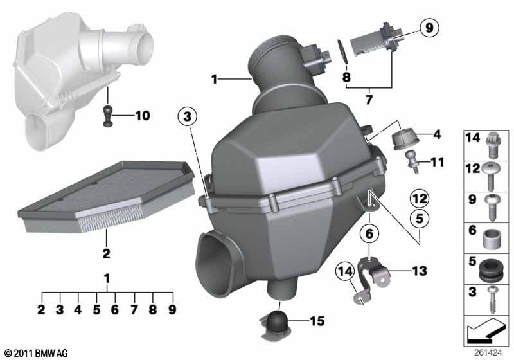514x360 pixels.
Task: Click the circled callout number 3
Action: (187, 116)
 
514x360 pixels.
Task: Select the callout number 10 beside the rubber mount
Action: (143, 116)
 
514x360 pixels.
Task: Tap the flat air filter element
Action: (107, 197)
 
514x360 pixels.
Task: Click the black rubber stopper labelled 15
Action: (278, 322)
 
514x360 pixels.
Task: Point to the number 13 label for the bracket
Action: (420, 271)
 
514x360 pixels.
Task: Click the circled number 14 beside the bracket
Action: (345, 271)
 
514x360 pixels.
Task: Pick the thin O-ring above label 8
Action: (342, 51)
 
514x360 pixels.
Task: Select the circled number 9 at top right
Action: (429, 28)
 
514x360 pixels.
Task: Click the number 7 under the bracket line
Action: (369, 100)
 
